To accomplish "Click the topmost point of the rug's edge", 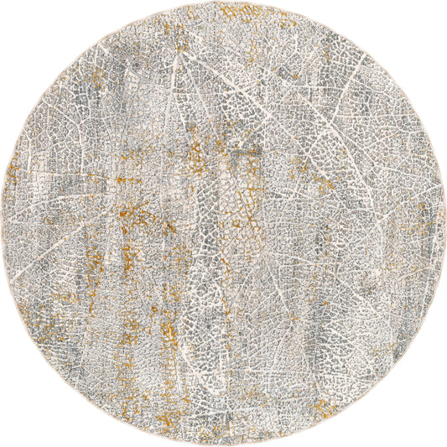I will tap(223, 3).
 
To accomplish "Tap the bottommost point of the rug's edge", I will tap(223, 444).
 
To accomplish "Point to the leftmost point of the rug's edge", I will tap(3, 223).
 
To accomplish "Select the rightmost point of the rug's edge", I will tap(444, 223).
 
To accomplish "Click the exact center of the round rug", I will tap(223, 223).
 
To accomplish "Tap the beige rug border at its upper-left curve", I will tap(68, 68).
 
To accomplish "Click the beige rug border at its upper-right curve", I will tap(379, 68).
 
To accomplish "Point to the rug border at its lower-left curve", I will tap(68, 379).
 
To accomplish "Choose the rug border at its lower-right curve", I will tap(379, 379).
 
